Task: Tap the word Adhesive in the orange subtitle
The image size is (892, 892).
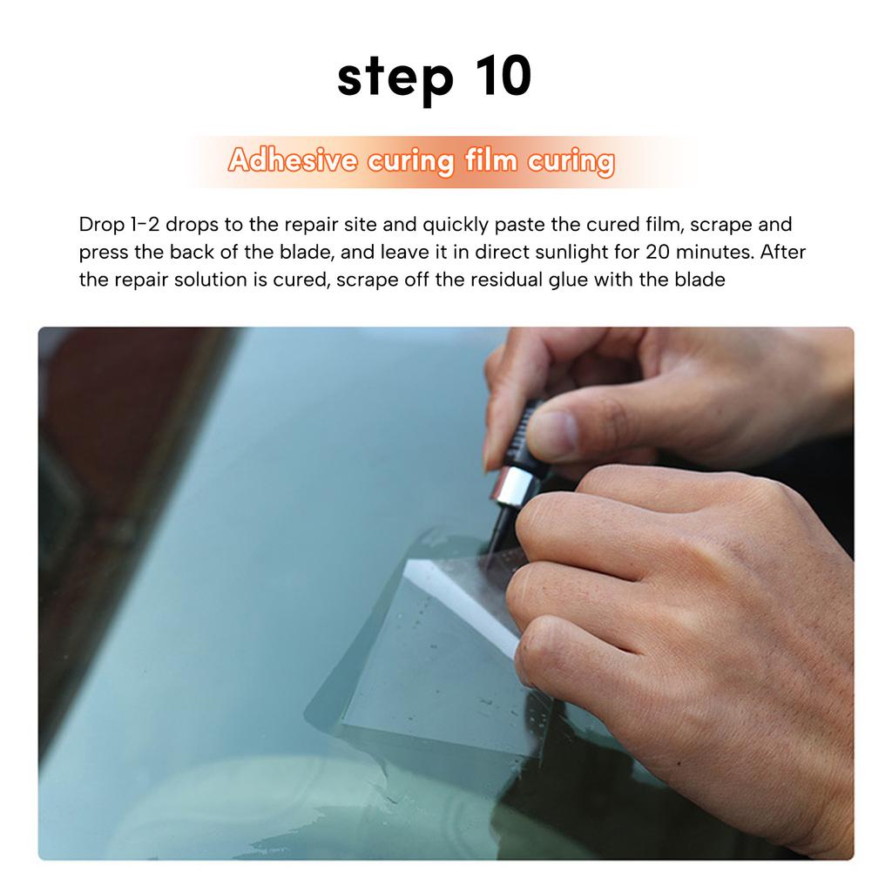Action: (x=293, y=162)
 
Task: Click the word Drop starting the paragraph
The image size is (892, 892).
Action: (x=102, y=225)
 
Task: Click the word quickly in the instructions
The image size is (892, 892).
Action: (x=455, y=225)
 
